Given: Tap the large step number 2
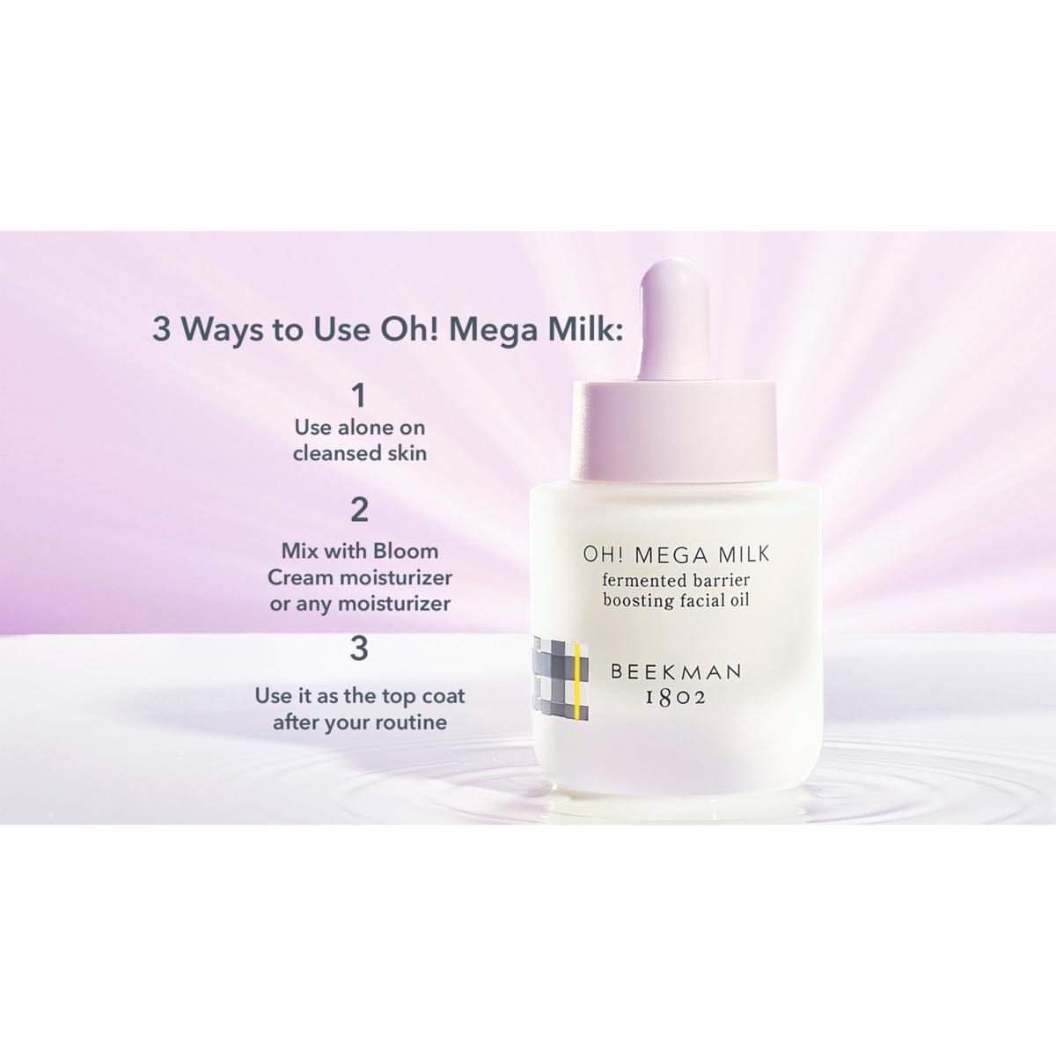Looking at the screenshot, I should pos(359,510).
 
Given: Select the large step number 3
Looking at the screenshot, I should pos(359,649).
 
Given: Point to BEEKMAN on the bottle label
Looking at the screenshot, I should pos(676,671).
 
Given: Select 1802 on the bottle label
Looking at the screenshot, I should pos(676,698).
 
